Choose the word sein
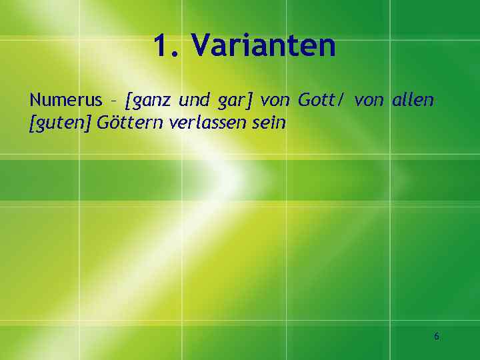pos(269,123)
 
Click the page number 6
pos(437,337)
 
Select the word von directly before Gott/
pos(275,101)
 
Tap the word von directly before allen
pos(369,101)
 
